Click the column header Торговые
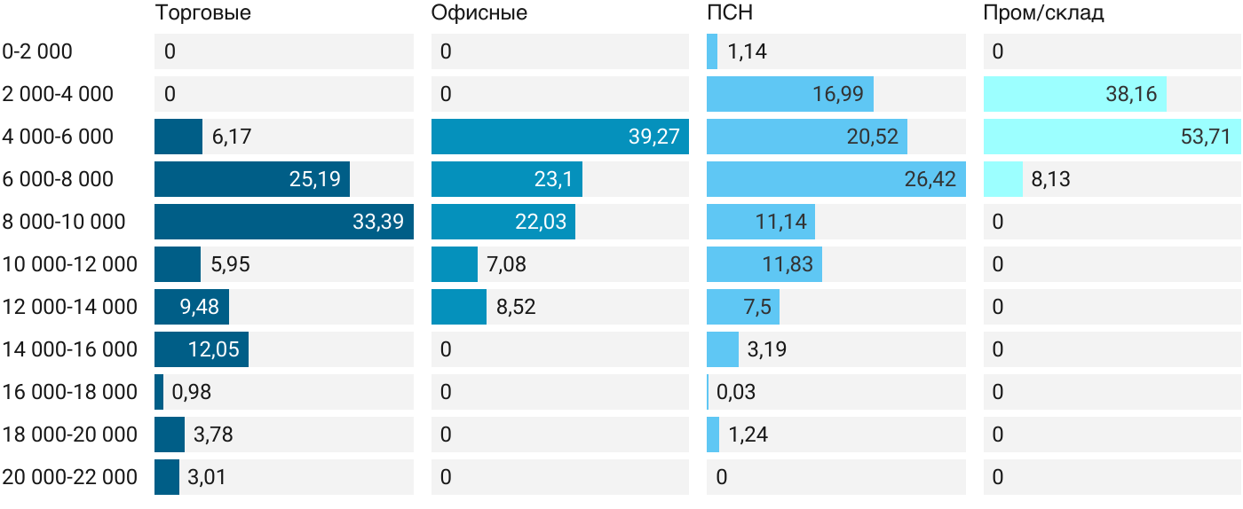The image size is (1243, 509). [x=202, y=12]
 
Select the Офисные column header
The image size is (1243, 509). [x=479, y=12]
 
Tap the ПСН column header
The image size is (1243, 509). [x=730, y=12]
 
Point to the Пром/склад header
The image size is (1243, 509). [x=1043, y=12]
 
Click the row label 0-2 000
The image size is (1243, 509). [x=37, y=51]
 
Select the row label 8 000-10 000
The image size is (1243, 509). [x=64, y=222]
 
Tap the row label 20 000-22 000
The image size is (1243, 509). [x=69, y=477]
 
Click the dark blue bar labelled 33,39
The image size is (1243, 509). [x=284, y=222]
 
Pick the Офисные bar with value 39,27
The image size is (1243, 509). [x=560, y=137]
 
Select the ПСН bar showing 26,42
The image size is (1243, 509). [x=836, y=179]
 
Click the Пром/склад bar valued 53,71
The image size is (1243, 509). [x=1112, y=137]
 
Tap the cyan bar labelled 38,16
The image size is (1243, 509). [x=1075, y=94]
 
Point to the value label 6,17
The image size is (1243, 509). [x=232, y=137]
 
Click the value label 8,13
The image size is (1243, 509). [x=1050, y=179]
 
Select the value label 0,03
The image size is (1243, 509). [x=736, y=392]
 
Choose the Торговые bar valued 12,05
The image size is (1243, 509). [x=202, y=349]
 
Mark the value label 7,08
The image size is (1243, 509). [x=506, y=264]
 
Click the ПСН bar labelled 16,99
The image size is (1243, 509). [x=790, y=94]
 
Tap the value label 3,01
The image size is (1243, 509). [x=206, y=477]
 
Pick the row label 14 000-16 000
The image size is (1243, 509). [x=69, y=349]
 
